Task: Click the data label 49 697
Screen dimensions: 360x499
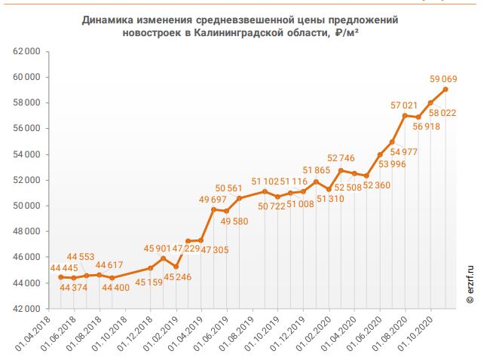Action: tap(214, 199)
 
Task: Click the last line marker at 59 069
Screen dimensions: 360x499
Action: tap(445, 89)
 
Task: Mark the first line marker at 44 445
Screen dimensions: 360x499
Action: tap(61, 277)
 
